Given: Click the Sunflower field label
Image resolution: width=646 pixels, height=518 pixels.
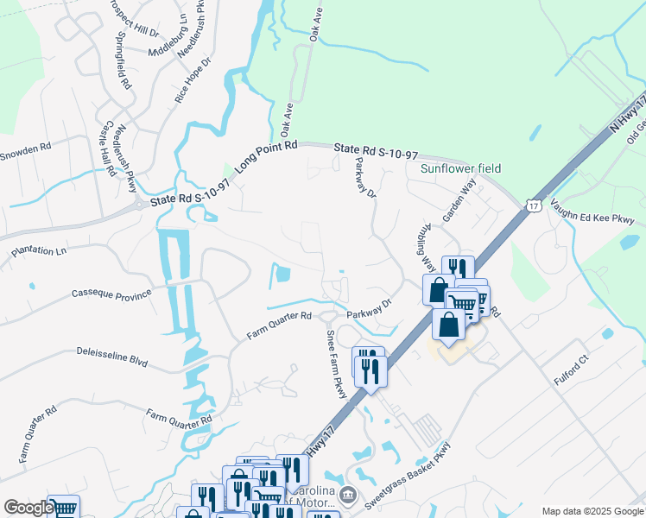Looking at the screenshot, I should [x=460, y=168].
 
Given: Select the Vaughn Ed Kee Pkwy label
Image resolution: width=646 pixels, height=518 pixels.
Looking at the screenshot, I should [x=597, y=216].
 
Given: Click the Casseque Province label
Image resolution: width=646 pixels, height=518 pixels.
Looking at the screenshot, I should [x=111, y=294].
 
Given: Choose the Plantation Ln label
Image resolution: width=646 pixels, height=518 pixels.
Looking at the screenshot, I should [x=38, y=251].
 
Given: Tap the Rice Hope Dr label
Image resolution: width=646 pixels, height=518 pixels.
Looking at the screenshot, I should [x=193, y=81].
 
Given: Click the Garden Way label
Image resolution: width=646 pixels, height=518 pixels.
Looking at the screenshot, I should [x=459, y=202].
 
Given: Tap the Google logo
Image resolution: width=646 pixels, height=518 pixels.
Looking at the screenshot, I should [x=28, y=509].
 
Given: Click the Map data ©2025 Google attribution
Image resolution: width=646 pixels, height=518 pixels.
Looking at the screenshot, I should [x=592, y=511].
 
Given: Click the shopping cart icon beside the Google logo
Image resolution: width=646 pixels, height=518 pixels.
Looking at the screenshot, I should [x=63, y=508].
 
